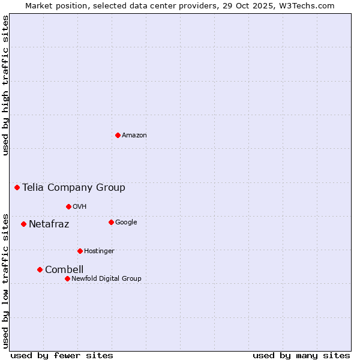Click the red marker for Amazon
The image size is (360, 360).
point(118,135)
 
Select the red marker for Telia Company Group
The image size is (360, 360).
point(17,187)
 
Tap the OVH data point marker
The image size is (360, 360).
point(68,206)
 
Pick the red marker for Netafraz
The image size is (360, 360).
point(23,224)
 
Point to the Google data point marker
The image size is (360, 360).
point(111,222)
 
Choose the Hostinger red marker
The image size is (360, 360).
point(80,251)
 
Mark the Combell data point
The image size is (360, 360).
point(40,269)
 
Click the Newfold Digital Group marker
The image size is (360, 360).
point(67,278)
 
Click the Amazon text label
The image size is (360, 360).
point(134,136)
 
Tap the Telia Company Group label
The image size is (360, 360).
point(74,188)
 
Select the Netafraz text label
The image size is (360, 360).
point(49,224)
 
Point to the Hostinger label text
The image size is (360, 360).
point(99,251)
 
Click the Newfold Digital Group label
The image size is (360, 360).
point(106,279)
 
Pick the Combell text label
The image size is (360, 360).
point(64,270)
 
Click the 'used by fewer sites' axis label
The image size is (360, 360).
point(62,356)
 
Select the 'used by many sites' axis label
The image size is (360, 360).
point(301,356)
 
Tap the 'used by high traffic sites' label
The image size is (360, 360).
point(6,85)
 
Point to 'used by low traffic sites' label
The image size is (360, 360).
point(6,280)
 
